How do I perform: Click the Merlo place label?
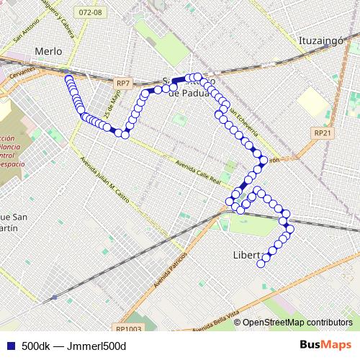(x=49, y=51)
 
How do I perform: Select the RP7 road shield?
(x=123, y=84)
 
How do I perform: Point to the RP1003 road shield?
(x=132, y=328)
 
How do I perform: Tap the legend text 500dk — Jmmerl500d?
(x=73, y=346)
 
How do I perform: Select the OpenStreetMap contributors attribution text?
(x=297, y=323)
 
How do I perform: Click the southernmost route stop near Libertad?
(x=261, y=264)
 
